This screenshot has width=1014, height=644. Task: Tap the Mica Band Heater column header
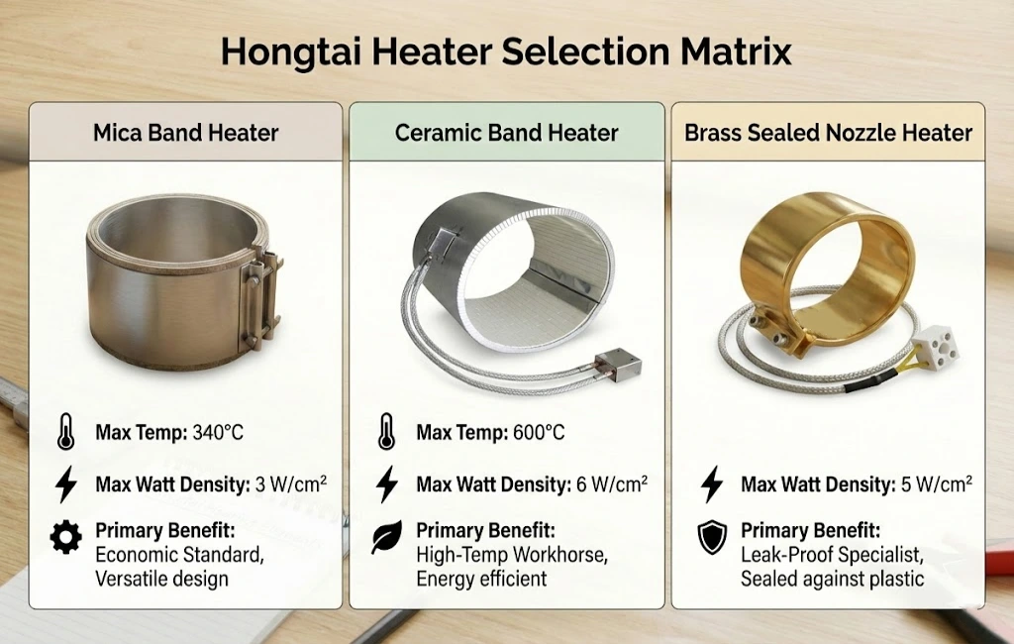pyautogui.click(x=185, y=132)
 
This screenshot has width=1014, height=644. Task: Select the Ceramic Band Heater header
pyautogui.click(x=506, y=132)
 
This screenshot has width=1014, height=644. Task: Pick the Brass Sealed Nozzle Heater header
pyautogui.click(x=828, y=132)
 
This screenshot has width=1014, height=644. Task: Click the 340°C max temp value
pyautogui.click(x=214, y=433)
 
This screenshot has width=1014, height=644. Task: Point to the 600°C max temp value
pyautogui.click(x=536, y=433)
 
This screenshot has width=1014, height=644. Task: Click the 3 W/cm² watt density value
pyautogui.click(x=290, y=484)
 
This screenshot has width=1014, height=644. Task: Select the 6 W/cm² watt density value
pyautogui.click(x=612, y=484)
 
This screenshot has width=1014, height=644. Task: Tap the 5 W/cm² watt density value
pyautogui.click(x=936, y=484)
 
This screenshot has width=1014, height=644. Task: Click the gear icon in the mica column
pyautogui.click(x=66, y=538)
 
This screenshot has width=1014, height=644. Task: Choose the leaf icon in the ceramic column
pyautogui.click(x=386, y=538)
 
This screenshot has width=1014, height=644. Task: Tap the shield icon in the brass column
pyautogui.click(x=711, y=538)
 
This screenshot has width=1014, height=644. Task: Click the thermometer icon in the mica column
pyautogui.click(x=66, y=433)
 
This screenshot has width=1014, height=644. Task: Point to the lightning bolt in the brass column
pyautogui.click(x=711, y=484)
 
